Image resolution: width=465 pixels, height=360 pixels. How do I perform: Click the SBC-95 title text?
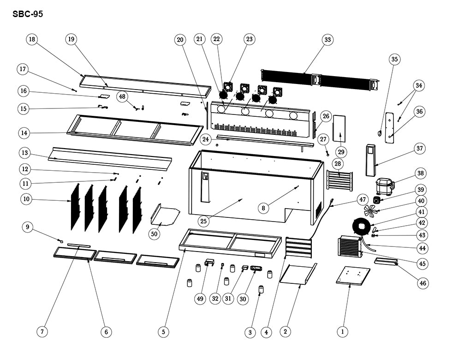point(28,14)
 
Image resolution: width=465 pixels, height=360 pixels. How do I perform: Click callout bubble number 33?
point(328,40)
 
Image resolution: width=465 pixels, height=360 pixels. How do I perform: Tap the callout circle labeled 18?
point(32,40)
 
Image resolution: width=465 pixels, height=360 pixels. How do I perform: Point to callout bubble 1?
point(342,331)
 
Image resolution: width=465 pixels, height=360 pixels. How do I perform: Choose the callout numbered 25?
point(203,221)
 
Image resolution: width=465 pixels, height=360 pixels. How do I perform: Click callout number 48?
point(122,96)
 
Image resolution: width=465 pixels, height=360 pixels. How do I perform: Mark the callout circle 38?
point(420,173)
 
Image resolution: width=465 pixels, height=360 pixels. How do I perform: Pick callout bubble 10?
point(26,199)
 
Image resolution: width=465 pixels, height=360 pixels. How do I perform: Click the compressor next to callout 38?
point(384,186)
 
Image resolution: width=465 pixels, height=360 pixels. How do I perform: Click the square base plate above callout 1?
point(354,275)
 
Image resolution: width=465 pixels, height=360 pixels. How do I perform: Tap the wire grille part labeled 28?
point(340,180)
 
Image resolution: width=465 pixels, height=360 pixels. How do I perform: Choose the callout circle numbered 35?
point(394,59)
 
